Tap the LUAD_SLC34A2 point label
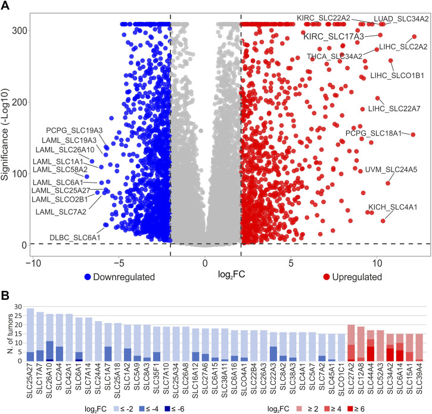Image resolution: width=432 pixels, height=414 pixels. coord(401,19)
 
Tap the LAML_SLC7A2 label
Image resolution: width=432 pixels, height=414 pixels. coord(60,211)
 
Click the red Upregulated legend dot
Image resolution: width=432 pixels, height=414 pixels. coord(327,277)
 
